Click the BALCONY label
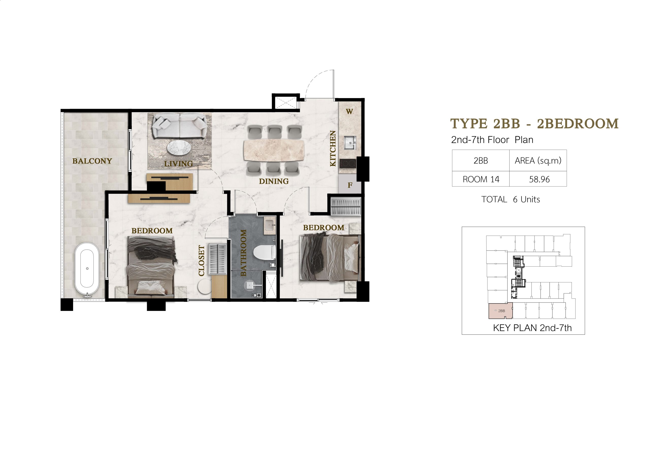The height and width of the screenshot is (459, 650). tap(92, 161)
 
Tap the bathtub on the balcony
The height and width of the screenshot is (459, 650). tap(87, 268)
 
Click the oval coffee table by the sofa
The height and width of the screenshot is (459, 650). tap(179, 148)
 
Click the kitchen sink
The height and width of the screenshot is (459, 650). tap(350, 142)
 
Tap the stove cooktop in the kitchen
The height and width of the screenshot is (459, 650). tap(348, 164)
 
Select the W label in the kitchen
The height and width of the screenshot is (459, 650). tap(349, 112)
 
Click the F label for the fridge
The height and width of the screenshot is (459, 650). tap(350, 185)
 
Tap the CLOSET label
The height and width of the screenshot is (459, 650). tap(201, 260)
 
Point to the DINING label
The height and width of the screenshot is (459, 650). tap(274, 181)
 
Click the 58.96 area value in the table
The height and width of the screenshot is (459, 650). tap(539, 179)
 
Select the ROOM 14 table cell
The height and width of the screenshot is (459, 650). tap(481, 179)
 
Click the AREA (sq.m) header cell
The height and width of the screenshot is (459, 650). tap(538, 161)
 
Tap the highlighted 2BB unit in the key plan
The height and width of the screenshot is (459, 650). tap(500, 311)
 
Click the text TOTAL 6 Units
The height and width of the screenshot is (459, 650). tap(510, 199)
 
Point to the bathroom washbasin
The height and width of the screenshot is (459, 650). tap(269, 225)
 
